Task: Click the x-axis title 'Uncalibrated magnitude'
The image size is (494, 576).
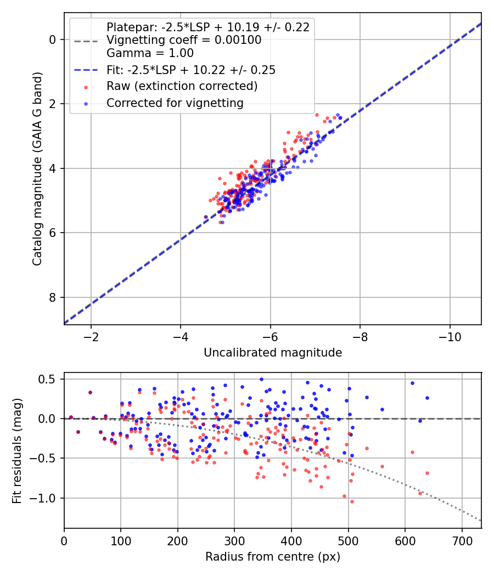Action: [273, 353]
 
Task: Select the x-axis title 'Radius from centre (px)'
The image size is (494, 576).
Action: [273, 557]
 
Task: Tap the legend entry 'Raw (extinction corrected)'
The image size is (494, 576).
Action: [182, 86]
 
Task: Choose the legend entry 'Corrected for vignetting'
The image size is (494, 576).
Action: [175, 103]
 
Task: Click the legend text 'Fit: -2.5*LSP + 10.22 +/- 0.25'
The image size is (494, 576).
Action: [191, 70]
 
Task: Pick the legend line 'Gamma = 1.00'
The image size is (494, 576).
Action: [150, 54]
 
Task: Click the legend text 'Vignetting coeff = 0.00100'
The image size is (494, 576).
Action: [184, 41]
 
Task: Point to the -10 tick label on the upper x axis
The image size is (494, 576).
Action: [450, 336]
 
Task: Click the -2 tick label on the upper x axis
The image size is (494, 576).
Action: [91, 336]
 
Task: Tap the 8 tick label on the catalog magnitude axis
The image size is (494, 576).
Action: [53, 297]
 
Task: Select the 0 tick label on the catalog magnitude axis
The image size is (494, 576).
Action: [53, 39]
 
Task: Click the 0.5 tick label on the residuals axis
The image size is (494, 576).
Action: [49, 379]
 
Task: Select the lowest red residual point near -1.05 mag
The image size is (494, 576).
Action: [352, 501]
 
